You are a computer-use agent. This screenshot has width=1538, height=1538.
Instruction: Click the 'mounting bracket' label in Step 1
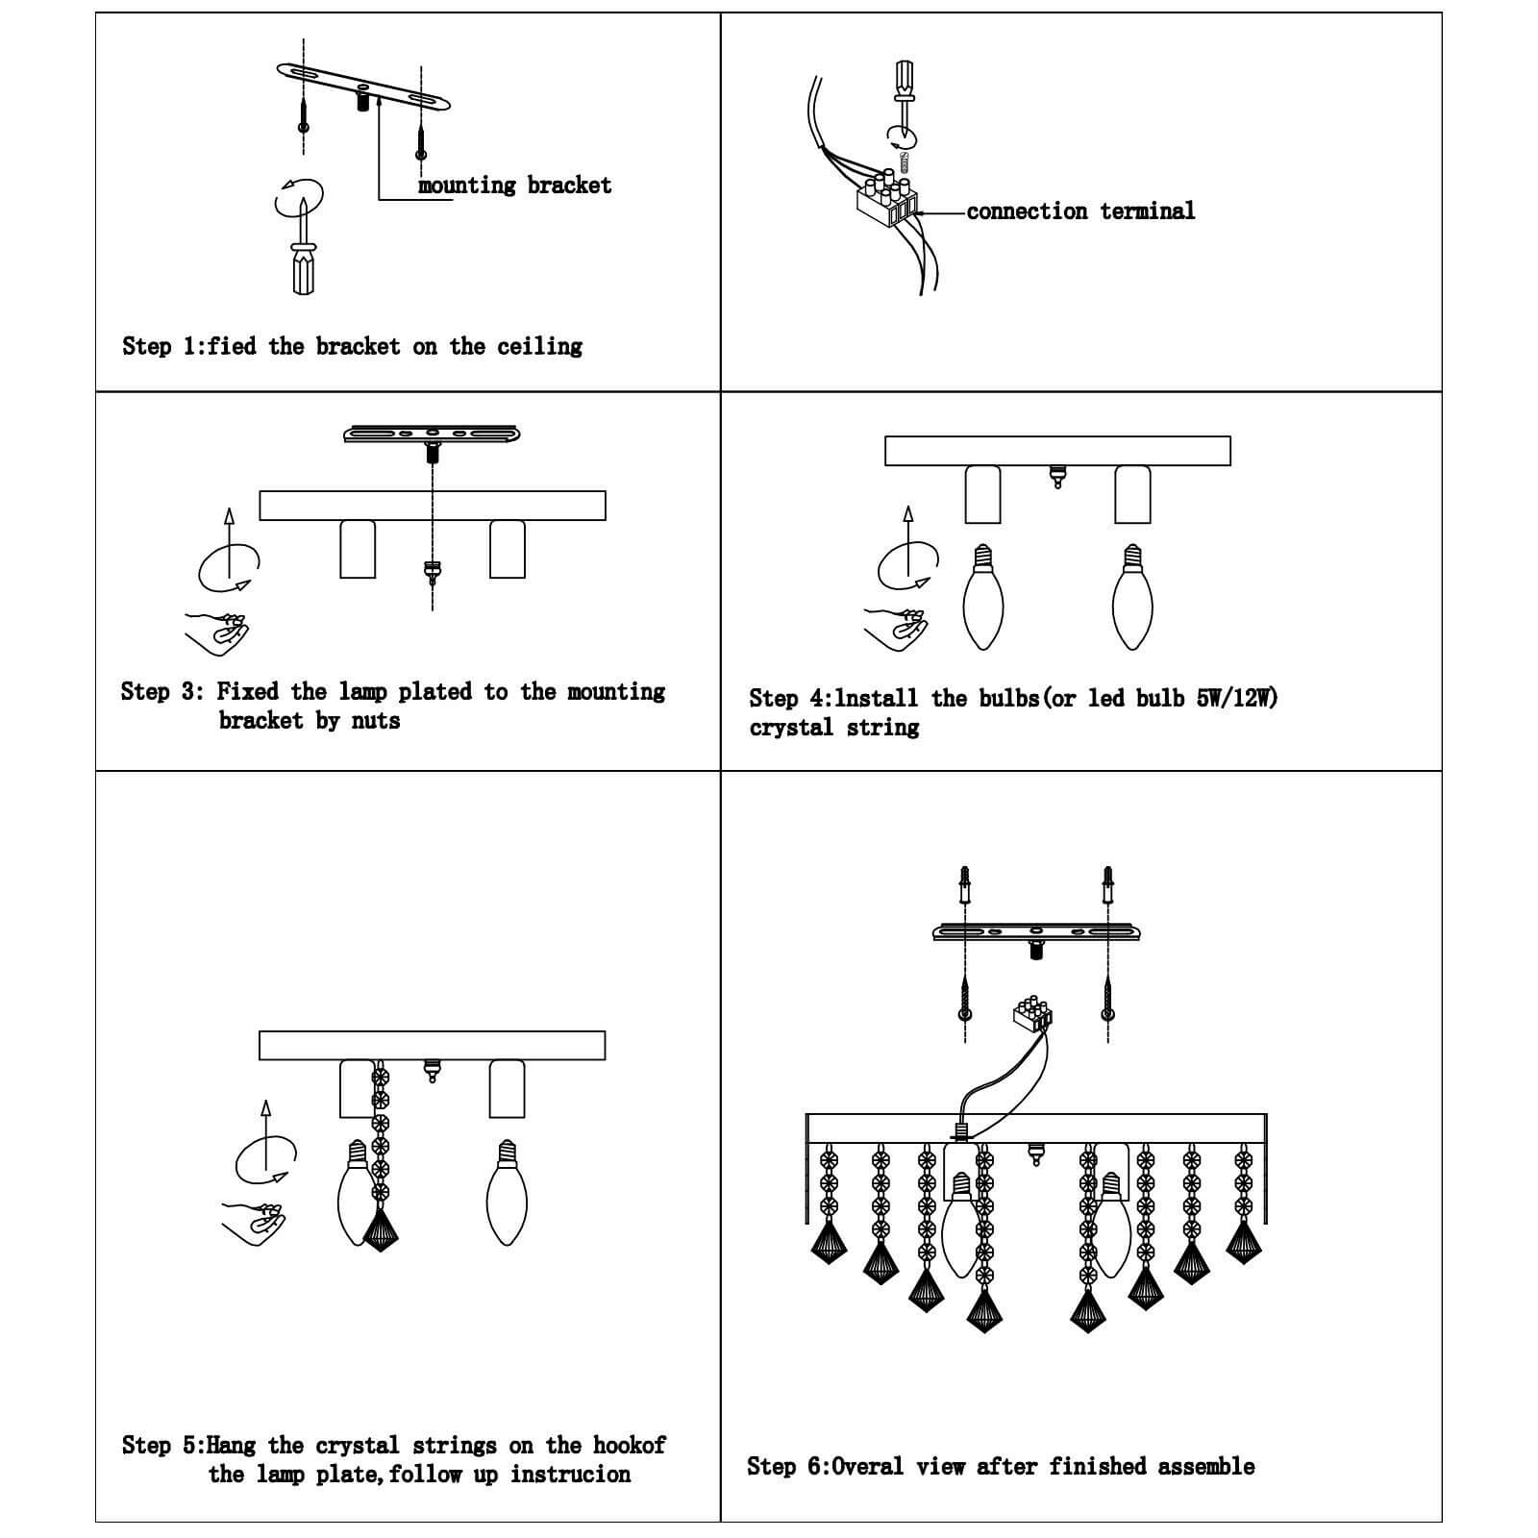tap(514, 185)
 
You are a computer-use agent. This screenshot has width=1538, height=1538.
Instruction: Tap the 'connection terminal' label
tap(1080, 211)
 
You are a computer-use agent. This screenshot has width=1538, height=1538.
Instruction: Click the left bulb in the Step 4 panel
tap(982, 600)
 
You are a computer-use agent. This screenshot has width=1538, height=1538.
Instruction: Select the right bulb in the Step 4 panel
tap(1132, 600)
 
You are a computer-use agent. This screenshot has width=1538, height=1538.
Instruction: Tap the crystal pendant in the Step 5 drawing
tap(381, 1228)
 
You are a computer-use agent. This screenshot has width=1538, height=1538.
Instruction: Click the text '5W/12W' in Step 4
tap(1237, 698)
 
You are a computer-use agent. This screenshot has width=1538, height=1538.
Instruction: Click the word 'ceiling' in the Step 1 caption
tap(539, 346)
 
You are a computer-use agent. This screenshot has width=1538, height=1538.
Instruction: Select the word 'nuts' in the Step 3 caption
tap(375, 720)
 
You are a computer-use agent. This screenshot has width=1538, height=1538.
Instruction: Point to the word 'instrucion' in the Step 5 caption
tap(570, 1474)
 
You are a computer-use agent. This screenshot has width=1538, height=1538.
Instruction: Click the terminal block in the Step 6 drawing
tap(1033, 1014)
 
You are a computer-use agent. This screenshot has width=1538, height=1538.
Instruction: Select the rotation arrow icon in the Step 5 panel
tap(265, 1158)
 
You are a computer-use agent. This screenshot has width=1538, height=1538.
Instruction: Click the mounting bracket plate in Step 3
tap(432, 434)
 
